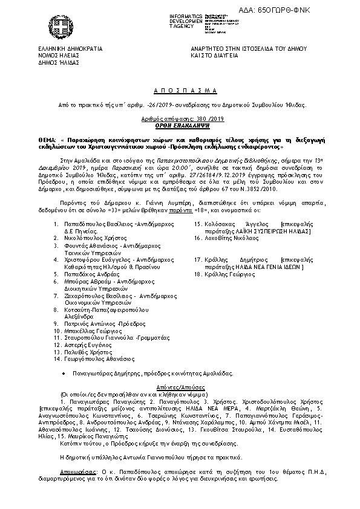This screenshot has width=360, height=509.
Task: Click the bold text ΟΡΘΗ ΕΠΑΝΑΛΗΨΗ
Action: tap(181, 126)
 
